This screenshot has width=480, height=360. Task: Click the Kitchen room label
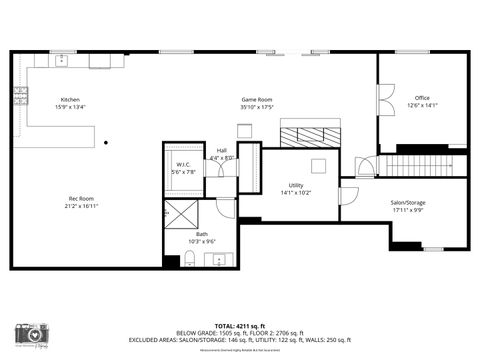point(70,100)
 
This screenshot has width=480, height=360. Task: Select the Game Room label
point(257,100)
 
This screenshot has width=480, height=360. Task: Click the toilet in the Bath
point(190,261)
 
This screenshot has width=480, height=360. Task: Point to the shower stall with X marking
point(183,211)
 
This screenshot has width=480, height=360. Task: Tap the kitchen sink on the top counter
point(61,60)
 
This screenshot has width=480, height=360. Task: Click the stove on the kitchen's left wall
point(19,97)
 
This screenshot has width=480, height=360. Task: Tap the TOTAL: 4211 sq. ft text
point(239,326)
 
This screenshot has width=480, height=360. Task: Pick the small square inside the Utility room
point(319,166)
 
